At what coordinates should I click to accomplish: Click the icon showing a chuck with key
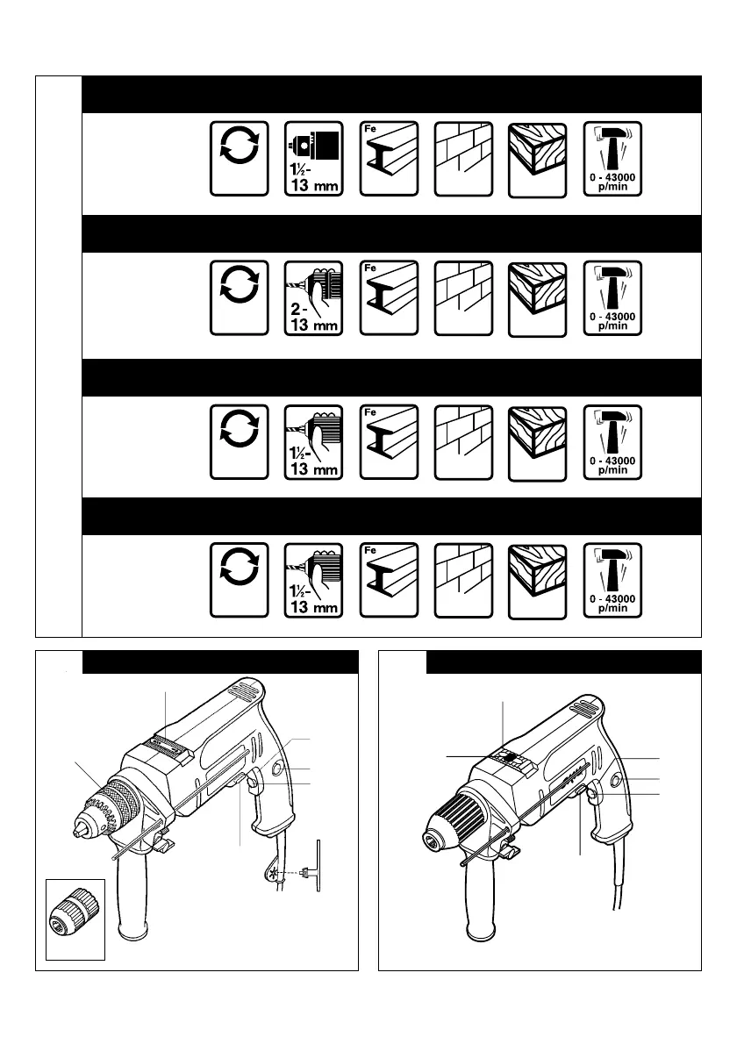[x=314, y=158]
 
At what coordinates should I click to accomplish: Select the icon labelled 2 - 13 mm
[x=314, y=297]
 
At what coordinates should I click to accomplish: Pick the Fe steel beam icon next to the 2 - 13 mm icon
[x=389, y=297]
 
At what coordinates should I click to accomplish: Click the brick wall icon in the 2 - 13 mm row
[x=463, y=297]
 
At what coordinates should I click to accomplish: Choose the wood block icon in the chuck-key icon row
[x=538, y=158]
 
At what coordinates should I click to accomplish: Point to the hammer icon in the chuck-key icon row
[x=612, y=158]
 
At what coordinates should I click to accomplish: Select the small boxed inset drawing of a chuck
[x=75, y=919]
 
